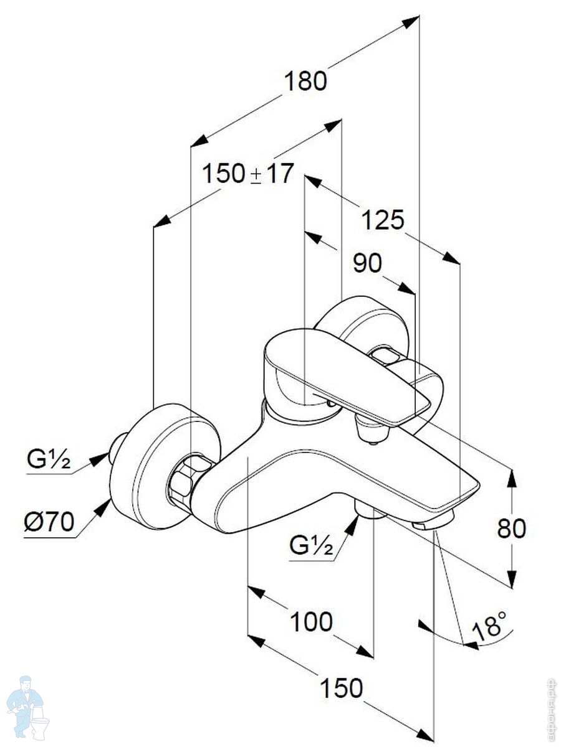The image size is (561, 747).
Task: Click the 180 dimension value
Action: (305, 82)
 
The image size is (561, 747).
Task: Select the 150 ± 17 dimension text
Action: (247, 174)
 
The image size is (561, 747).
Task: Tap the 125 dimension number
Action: (383, 220)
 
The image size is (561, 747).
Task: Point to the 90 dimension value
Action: (367, 263)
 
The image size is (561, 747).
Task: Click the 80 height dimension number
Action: (512, 529)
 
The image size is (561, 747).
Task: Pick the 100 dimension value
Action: (311, 621)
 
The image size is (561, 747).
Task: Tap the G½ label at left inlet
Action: (49, 461)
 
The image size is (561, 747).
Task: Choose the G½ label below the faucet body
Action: (310, 546)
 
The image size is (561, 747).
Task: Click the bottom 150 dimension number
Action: (341, 688)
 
